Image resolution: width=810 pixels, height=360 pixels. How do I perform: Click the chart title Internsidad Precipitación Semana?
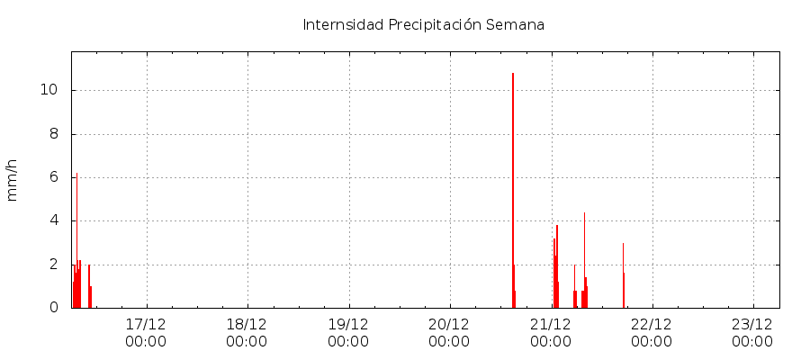coord(423,24)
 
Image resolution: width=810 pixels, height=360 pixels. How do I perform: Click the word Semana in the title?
coord(515,24)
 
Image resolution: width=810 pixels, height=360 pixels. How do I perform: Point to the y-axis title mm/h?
coord(13,180)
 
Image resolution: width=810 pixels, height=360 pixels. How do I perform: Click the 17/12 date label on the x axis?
coord(146,323)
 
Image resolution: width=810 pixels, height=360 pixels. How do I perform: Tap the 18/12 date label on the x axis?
coord(247,323)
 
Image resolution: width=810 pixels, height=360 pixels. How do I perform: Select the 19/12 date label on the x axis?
coord(348,323)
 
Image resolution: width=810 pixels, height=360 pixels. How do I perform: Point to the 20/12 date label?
coord(449,323)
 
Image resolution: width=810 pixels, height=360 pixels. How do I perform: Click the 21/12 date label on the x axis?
coord(551,323)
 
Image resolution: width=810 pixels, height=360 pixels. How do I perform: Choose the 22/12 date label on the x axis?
coord(652,323)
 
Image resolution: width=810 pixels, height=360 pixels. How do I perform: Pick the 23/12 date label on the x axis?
coord(752,323)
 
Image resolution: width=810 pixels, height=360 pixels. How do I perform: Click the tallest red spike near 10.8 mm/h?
coord(513,180)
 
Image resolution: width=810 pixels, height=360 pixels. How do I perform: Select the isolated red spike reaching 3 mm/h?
coord(623,270)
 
